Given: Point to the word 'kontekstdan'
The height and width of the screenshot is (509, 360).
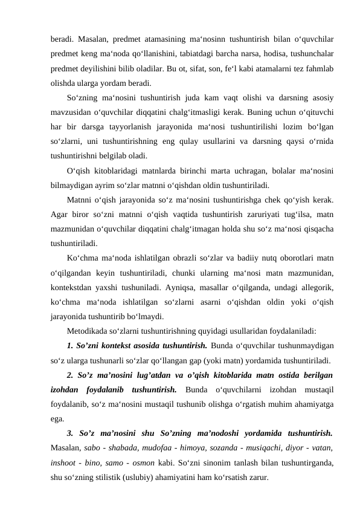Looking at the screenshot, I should [72, 285].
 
